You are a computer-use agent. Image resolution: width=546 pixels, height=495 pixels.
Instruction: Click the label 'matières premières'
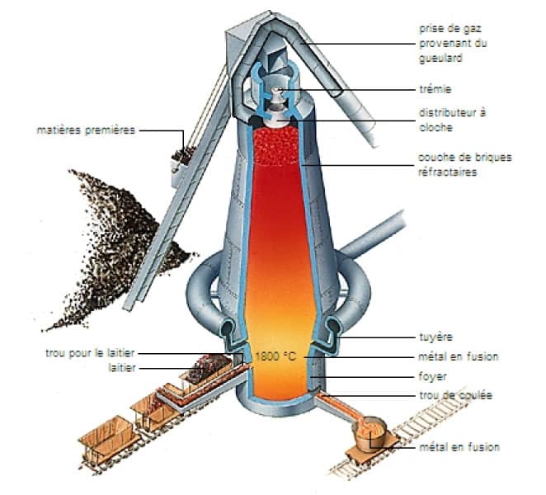click(x=86, y=130)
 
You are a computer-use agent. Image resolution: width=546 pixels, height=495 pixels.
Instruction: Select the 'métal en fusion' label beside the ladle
click(x=459, y=447)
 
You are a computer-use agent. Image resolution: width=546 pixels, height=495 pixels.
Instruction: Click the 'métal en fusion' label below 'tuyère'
click(x=459, y=356)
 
